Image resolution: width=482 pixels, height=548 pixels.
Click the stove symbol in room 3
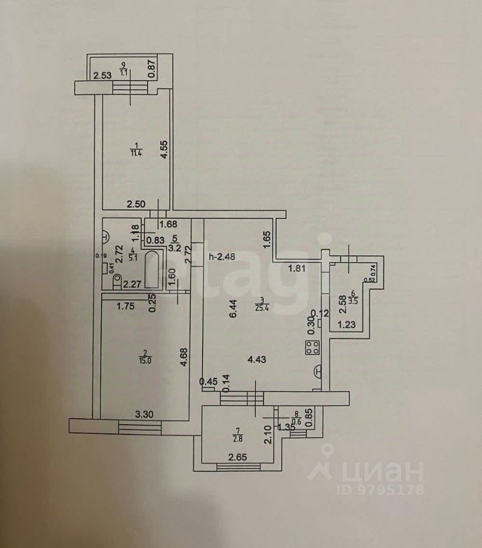pos(312,348)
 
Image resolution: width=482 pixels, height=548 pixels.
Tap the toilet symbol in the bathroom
pos(118,280)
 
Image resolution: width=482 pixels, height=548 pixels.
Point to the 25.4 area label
pos(262,311)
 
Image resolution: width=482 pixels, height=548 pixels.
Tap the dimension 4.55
pos(163,150)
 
